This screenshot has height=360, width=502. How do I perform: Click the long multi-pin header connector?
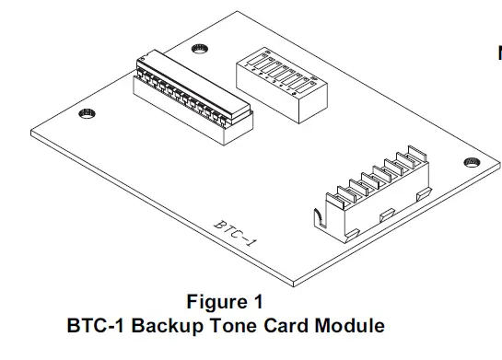tap(191, 95)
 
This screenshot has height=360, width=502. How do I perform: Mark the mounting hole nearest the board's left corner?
tap(85, 113)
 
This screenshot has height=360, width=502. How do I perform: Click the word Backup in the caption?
tap(166, 325)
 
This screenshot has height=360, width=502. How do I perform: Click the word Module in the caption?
tap(346, 325)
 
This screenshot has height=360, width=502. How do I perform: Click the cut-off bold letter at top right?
tap(498, 53)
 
